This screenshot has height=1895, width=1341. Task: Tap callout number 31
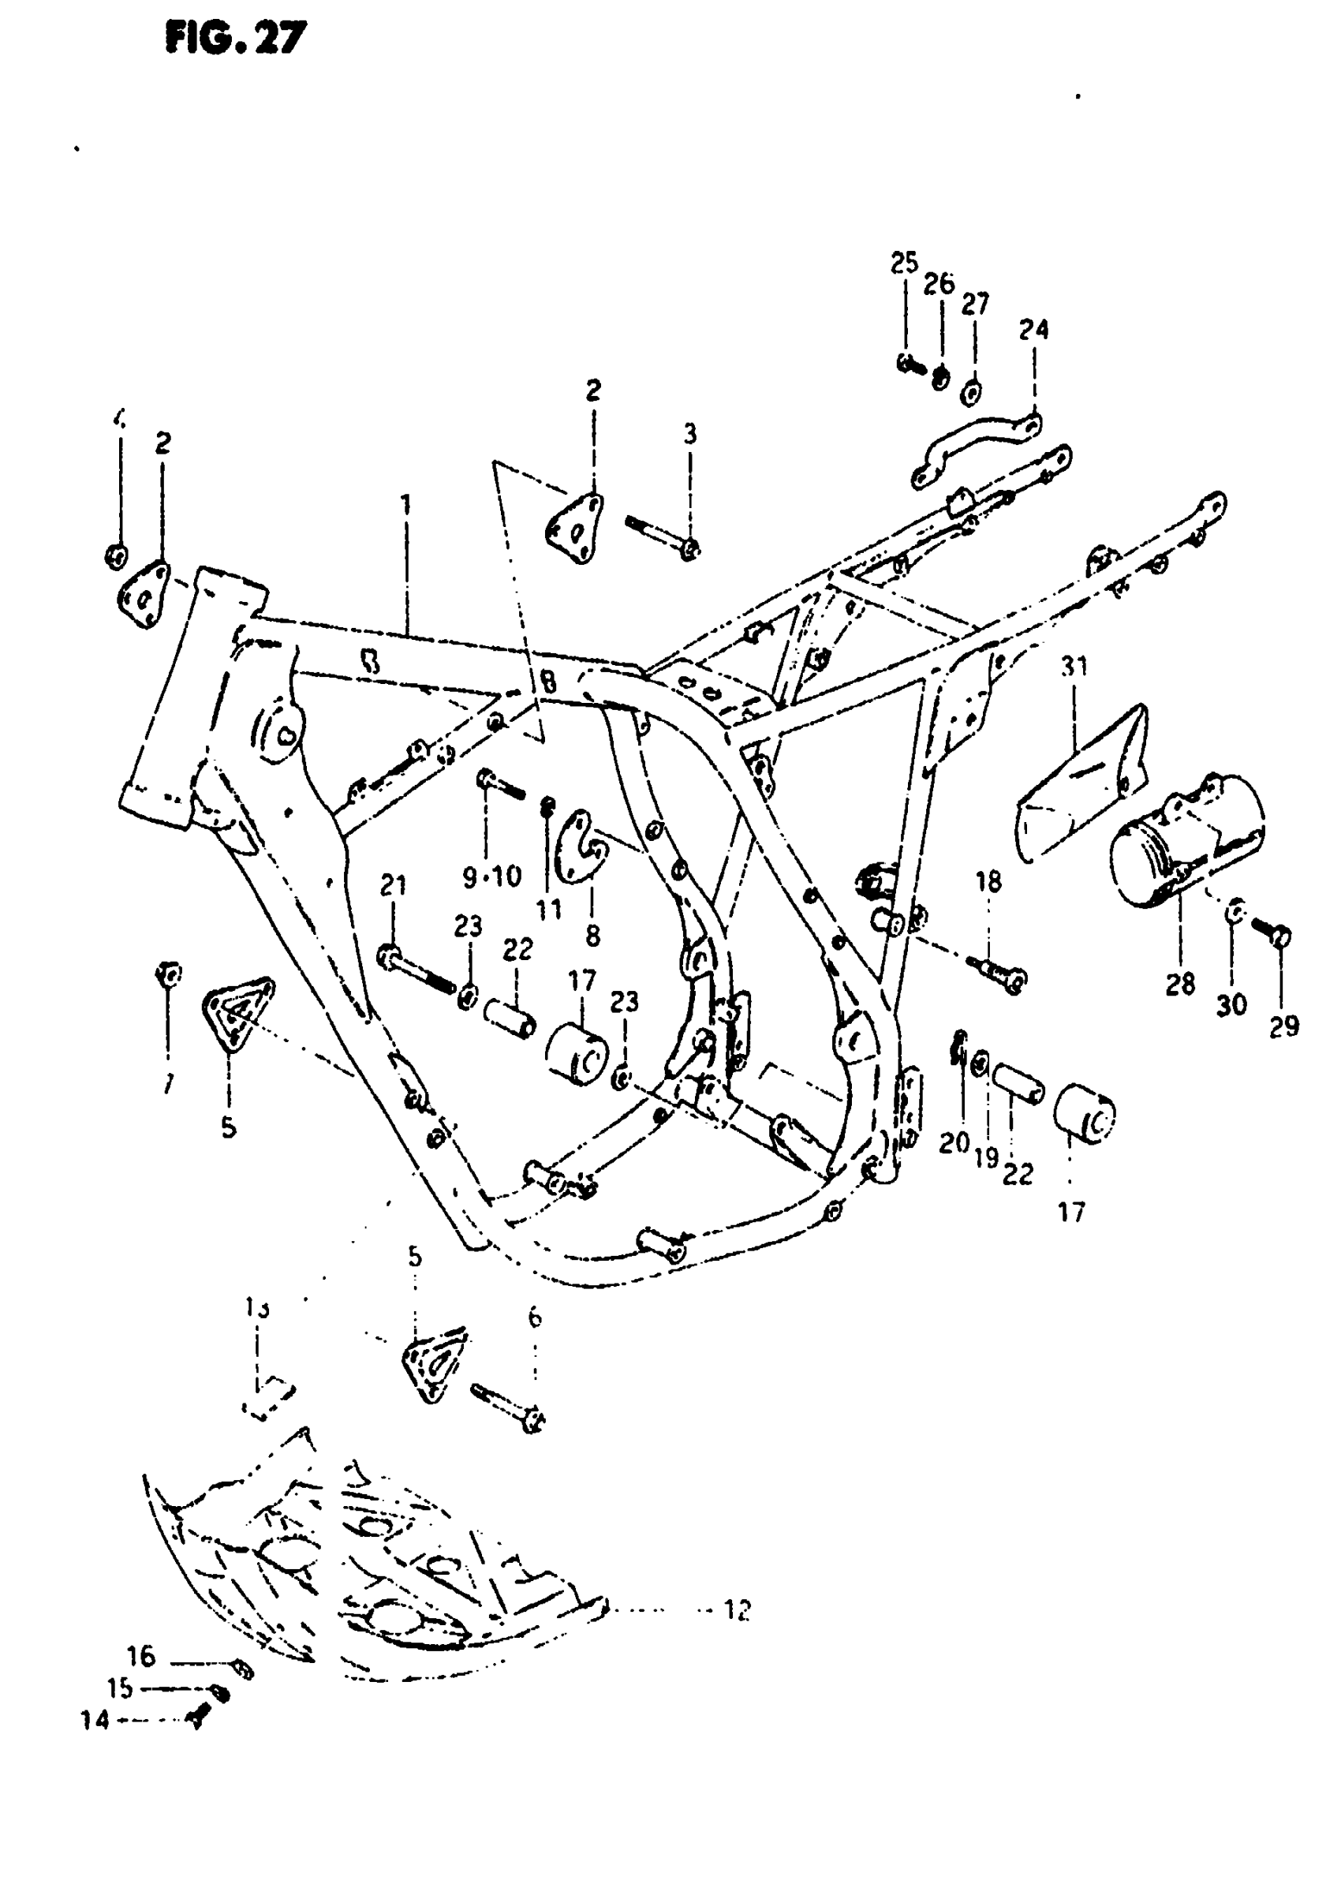pos(1074,666)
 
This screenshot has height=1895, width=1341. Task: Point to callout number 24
pos(1033,330)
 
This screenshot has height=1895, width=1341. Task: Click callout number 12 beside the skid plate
pos(737,1609)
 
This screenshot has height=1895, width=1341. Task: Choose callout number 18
pos(988,882)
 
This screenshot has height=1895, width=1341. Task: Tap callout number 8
pos(592,936)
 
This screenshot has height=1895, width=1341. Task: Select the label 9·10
pos(492,876)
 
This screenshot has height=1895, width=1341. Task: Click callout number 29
pos(1283,1026)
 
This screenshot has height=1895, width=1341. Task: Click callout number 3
pos(689,435)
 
